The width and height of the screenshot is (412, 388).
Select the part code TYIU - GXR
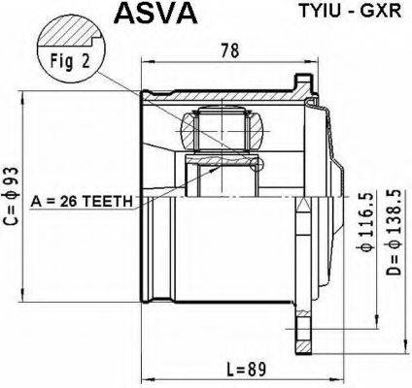coord(346,15)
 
